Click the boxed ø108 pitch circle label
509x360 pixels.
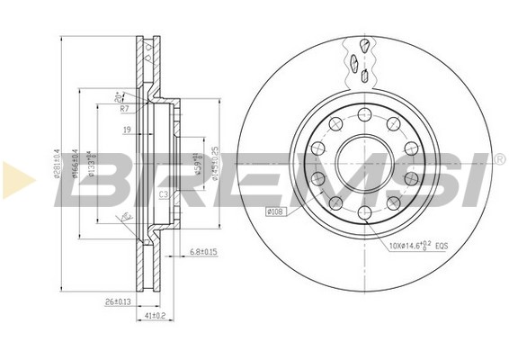coord(275,212)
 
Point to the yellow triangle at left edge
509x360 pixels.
coord(16,180)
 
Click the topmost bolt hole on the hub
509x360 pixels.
coord(363,114)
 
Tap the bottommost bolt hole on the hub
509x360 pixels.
coord(363,211)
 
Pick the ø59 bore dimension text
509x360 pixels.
coord(194,166)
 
